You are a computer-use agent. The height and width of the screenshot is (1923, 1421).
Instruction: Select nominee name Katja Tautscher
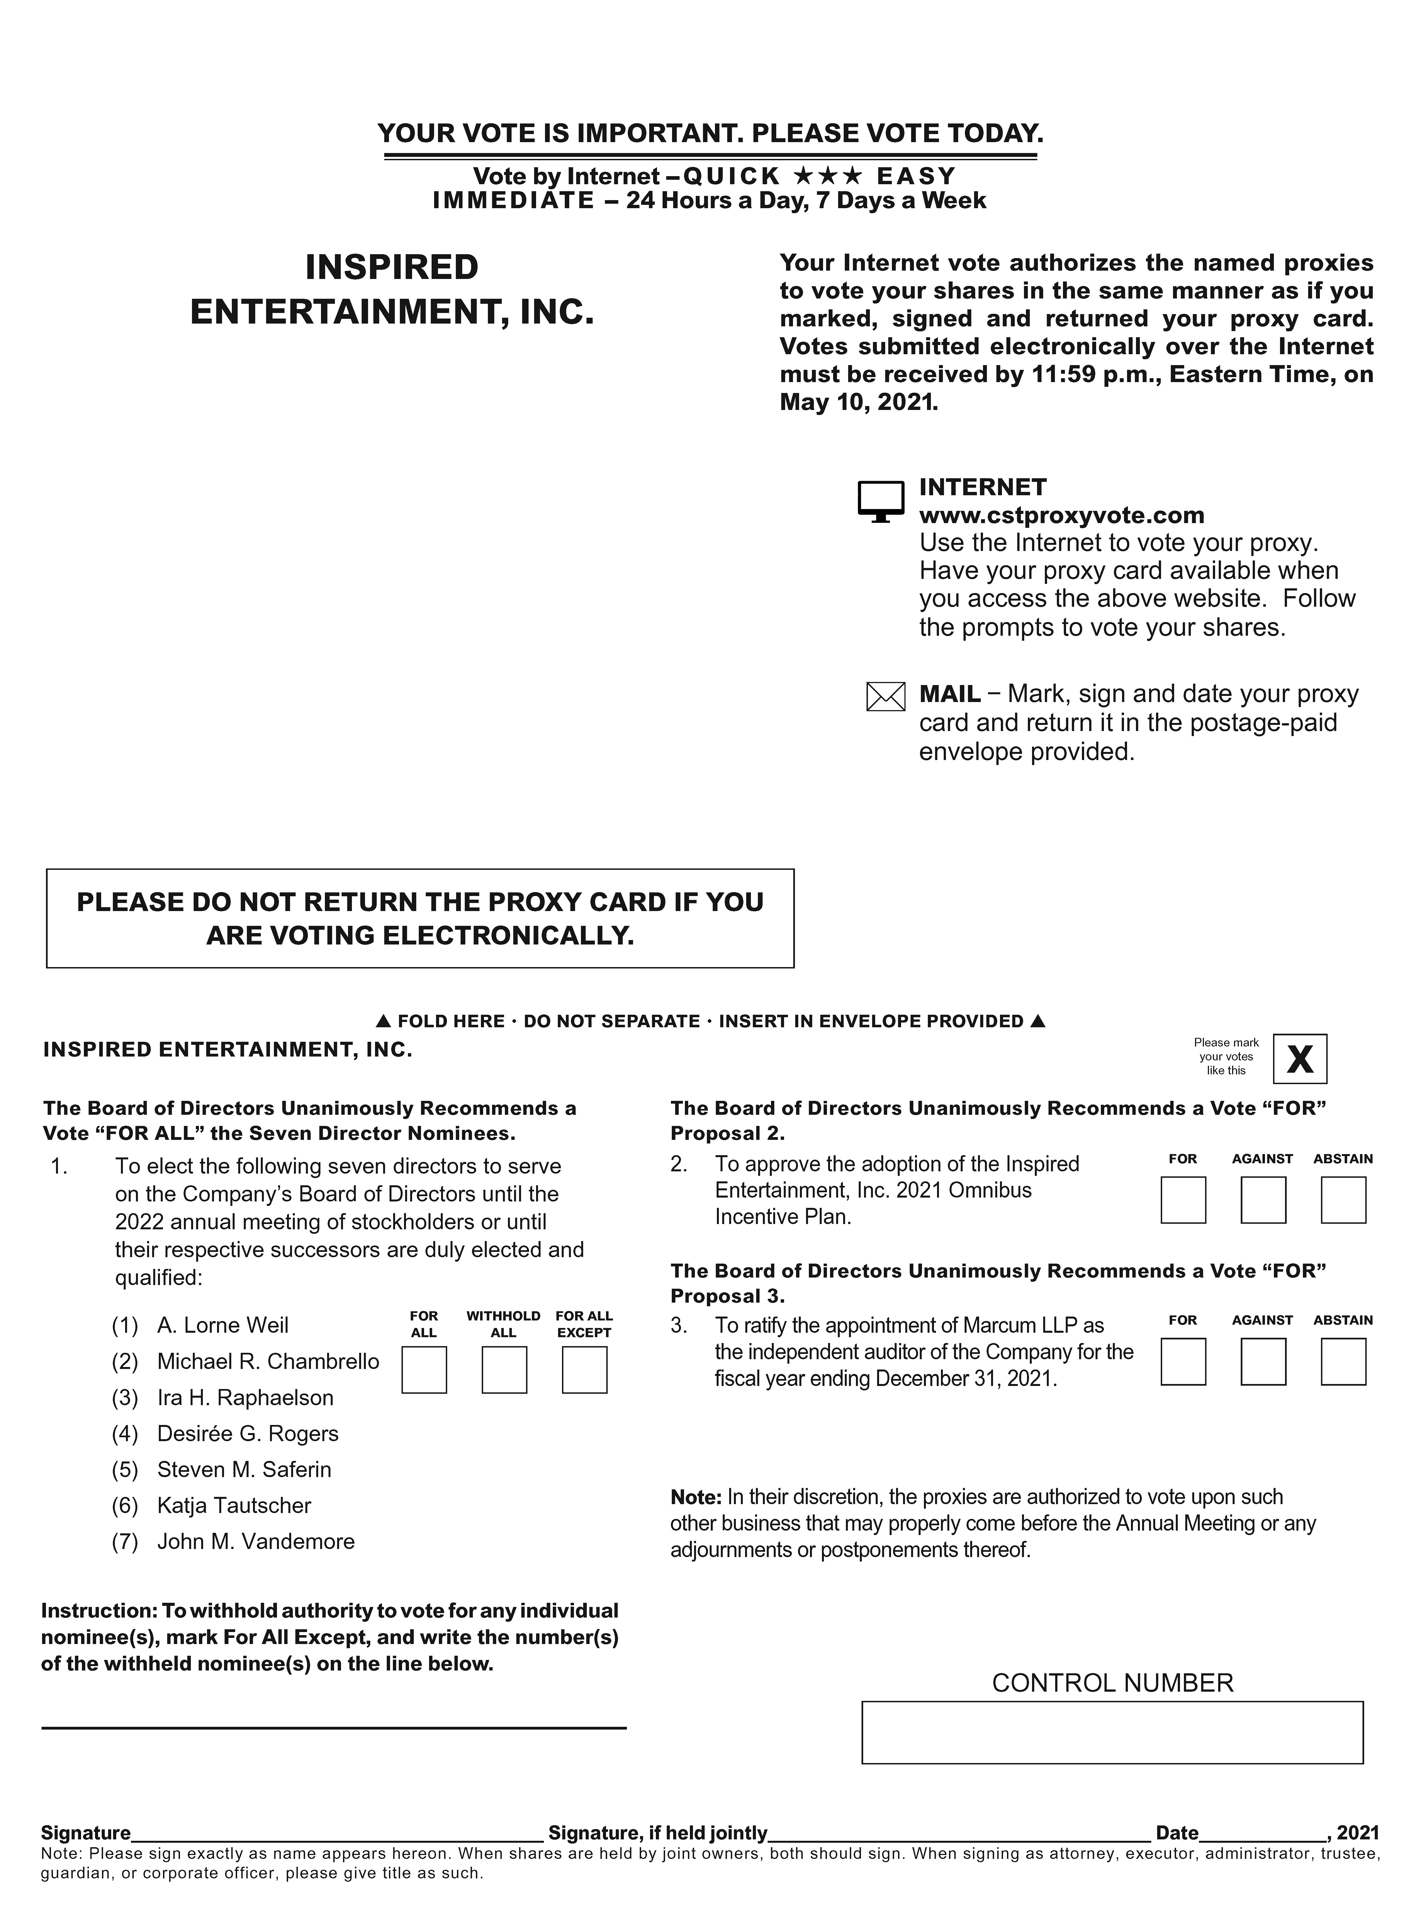coord(234,1505)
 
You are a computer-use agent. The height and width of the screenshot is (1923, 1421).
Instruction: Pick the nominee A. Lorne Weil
coord(223,1325)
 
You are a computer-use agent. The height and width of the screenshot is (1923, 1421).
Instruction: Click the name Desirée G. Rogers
coord(248,1433)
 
